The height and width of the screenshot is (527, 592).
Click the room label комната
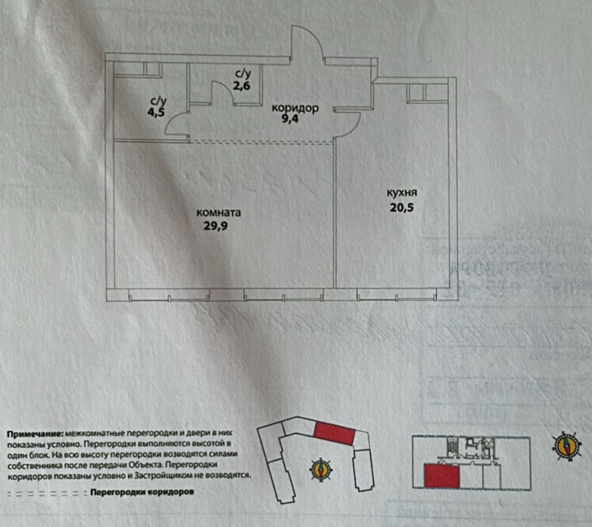(x=218, y=213)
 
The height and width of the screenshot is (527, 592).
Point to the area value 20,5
(x=403, y=207)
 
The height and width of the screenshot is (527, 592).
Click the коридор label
(x=295, y=108)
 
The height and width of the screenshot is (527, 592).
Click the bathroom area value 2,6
(x=242, y=86)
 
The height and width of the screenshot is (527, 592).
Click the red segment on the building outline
(x=334, y=434)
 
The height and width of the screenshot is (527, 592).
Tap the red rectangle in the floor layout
(x=442, y=477)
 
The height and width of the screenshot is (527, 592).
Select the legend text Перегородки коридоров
(x=142, y=493)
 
